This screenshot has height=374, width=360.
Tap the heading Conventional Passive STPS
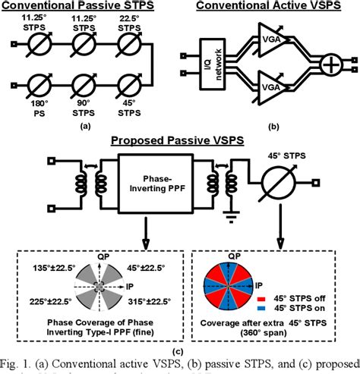click(77, 6)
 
